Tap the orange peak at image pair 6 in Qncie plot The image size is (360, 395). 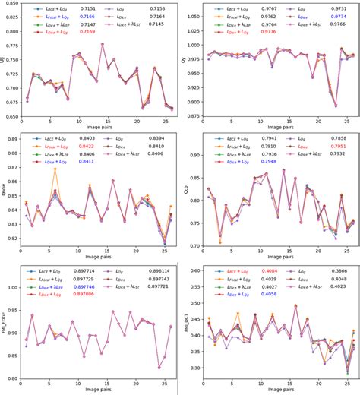tap(55, 169)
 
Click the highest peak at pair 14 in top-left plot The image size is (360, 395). tap(103, 44)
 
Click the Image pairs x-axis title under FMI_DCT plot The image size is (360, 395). tap(276, 389)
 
